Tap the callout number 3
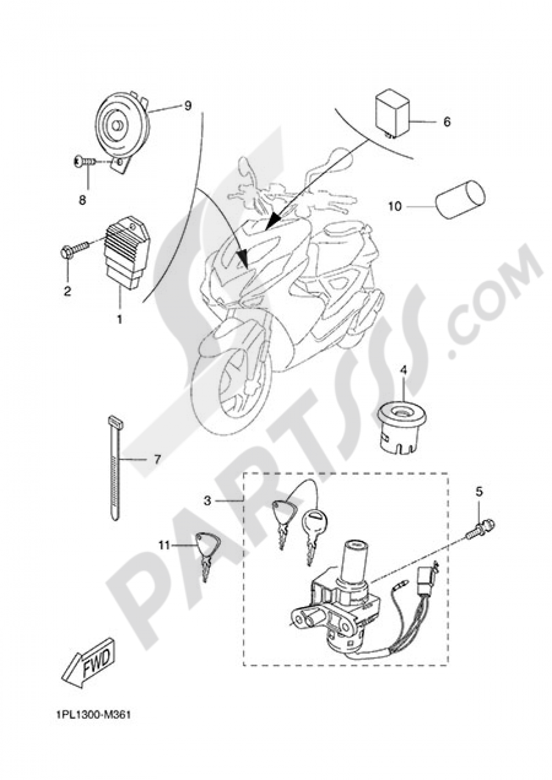pyautogui.click(x=208, y=501)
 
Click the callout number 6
pyautogui.click(x=447, y=121)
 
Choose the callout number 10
pyautogui.click(x=394, y=206)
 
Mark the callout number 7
pyautogui.click(x=157, y=459)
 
